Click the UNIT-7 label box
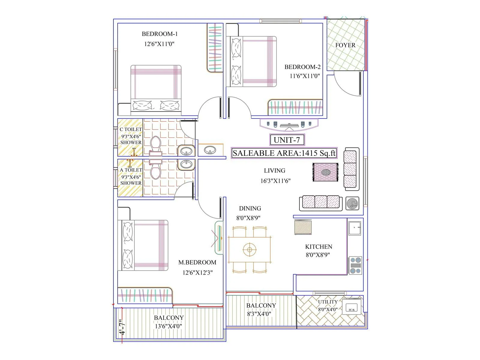coord(287,140)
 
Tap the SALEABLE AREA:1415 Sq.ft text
coord(284,153)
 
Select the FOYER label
coord(345,45)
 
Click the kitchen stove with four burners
coord(355,265)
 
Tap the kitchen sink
coord(355,228)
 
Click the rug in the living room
coord(325,172)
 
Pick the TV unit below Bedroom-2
coord(288,125)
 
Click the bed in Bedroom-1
coord(156,90)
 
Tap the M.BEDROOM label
coord(197,262)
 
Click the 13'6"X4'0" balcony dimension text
coord(168,326)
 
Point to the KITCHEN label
coord(319,247)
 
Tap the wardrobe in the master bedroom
coord(145,295)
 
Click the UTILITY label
coord(328,302)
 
